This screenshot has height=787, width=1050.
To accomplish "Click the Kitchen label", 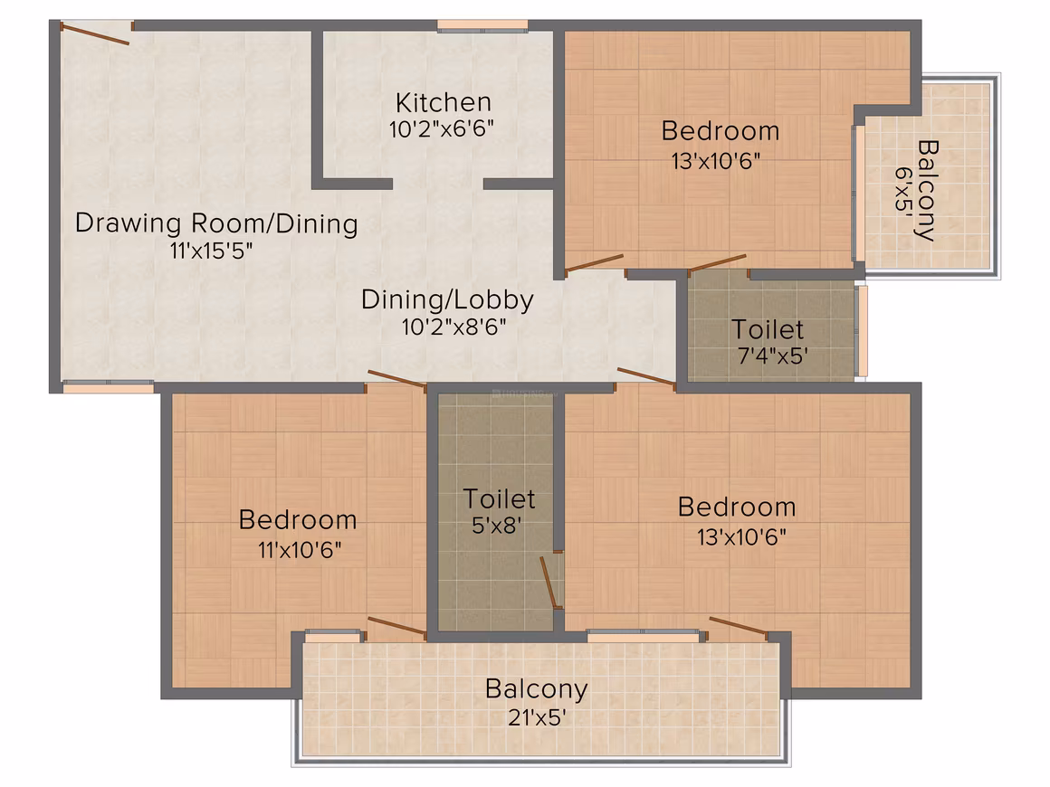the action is pyautogui.click(x=444, y=102).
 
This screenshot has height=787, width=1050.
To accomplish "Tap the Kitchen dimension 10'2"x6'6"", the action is pyautogui.click(x=442, y=128).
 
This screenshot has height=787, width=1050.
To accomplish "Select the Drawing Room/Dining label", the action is pyautogui.click(x=216, y=223).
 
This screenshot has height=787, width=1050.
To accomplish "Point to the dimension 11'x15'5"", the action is pyautogui.click(x=211, y=251).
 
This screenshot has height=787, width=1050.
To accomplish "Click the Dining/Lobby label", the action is pyautogui.click(x=447, y=299).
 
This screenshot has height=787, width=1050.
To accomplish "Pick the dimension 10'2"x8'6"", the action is pyautogui.click(x=453, y=327).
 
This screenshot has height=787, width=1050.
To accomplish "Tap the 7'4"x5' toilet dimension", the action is pyautogui.click(x=772, y=356).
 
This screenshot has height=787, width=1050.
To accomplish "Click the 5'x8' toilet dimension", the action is pyautogui.click(x=496, y=526).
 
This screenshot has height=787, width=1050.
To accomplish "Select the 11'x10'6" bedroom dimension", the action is pyautogui.click(x=300, y=550).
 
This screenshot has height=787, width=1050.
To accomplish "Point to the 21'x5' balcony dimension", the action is pyautogui.click(x=537, y=717).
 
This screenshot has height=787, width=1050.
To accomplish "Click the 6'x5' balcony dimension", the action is pyautogui.click(x=905, y=190).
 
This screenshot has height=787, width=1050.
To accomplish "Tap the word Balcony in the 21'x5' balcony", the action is pyautogui.click(x=537, y=689).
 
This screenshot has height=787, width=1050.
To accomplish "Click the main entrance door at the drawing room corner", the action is pyautogui.click(x=94, y=33).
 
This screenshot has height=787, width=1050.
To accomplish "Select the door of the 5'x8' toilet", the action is pyautogui.click(x=549, y=582).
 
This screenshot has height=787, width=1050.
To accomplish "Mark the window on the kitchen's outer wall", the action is pyautogui.click(x=482, y=25).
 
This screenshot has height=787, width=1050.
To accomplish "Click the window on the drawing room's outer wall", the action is pyautogui.click(x=108, y=387).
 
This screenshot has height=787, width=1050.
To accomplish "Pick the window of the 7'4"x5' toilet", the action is pyautogui.click(x=863, y=330).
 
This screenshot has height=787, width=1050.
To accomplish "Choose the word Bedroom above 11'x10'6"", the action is pyautogui.click(x=297, y=520).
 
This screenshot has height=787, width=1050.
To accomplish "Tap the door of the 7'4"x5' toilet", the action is pyautogui.click(x=717, y=263).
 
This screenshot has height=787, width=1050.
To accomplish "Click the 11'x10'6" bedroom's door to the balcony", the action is pyautogui.click(x=396, y=626).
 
